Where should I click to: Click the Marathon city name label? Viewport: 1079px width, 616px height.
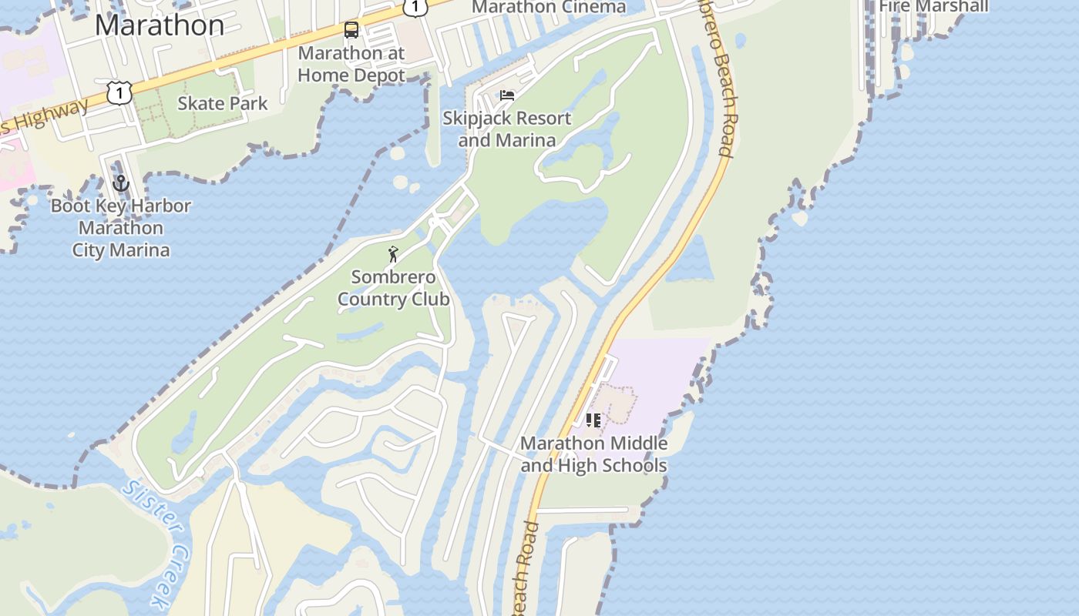tap(160, 25)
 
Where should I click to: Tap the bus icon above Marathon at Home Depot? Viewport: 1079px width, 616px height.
tap(351, 31)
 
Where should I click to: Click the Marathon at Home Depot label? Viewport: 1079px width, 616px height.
tap(351, 65)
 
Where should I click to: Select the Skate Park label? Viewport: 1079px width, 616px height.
tap(223, 103)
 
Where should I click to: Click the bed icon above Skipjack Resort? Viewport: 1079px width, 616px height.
tap(507, 95)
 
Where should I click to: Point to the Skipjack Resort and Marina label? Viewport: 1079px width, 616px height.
tap(507, 129)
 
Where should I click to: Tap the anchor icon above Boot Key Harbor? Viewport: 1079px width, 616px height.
tap(120, 184)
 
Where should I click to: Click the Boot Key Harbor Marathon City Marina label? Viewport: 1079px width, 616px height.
tap(121, 228)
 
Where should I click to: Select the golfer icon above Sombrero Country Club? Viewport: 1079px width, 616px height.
tap(394, 254)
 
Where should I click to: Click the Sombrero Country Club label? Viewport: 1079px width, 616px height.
tap(394, 288)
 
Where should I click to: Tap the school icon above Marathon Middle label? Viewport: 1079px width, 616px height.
tap(593, 420)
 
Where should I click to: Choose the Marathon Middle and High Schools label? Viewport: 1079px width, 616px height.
tap(593, 454)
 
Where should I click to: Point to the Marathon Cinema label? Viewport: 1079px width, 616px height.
tap(549, 8)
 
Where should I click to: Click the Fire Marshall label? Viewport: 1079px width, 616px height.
tap(933, 6)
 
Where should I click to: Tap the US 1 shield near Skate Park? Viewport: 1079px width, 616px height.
tap(119, 92)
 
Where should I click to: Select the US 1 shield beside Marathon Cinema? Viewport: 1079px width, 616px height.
tap(415, 6)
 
